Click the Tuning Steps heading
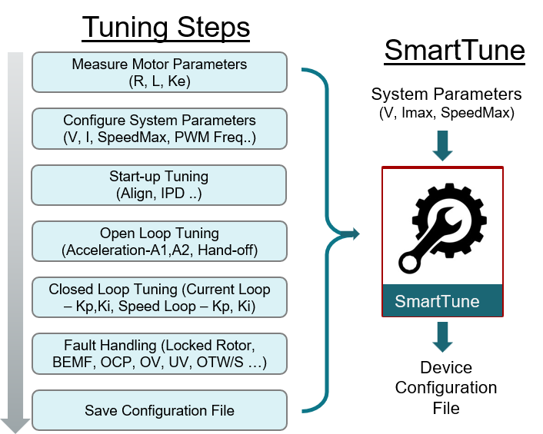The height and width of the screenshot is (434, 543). [x=166, y=28]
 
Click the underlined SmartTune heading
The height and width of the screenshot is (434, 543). [x=455, y=51]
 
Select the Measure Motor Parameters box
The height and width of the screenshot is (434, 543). [x=159, y=72]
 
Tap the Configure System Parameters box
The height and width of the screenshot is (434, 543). [x=159, y=128]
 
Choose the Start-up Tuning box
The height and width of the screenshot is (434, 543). [x=159, y=185]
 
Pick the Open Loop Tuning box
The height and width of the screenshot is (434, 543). [x=159, y=241]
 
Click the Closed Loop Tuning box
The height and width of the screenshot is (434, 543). [x=159, y=297]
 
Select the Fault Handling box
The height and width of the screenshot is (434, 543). [x=159, y=354]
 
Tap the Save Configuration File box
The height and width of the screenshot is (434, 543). [x=159, y=410]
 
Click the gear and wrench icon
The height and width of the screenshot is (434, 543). [x=442, y=228]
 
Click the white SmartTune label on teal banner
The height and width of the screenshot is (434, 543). [x=437, y=301]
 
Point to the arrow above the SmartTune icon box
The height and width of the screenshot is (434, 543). [x=442, y=146]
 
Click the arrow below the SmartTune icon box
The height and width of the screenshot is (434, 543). [x=442, y=337]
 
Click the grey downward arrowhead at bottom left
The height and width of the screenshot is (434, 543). [x=15, y=426]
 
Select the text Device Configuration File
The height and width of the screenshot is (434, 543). [x=446, y=388]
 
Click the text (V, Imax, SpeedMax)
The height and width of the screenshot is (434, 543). [x=447, y=113]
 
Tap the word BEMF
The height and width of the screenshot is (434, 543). [x=74, y=363]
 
